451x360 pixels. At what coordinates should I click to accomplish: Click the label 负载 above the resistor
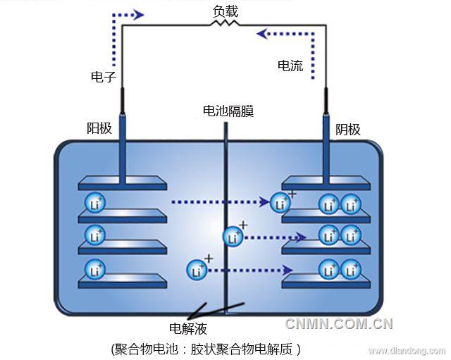coord(225,11)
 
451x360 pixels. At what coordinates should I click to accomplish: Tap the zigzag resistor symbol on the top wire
coord(225,24)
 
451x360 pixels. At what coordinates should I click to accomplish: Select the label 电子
coord(104,77)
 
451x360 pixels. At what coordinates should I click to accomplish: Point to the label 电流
coord(290,66)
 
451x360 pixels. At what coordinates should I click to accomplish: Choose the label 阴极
coord(347,129)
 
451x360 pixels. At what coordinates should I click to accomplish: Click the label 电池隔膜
coord(228,111)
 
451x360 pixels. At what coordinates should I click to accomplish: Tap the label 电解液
coord(187,328)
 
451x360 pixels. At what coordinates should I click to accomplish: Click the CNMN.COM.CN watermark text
coord(338,324)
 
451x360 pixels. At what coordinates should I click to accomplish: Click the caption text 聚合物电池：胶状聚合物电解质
coord(206,349)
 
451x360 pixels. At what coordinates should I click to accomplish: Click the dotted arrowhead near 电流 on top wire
coord(263,32)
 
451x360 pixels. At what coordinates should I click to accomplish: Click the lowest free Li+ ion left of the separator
coord(197,269)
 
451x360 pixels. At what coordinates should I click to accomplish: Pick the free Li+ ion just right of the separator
coord(233,237)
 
